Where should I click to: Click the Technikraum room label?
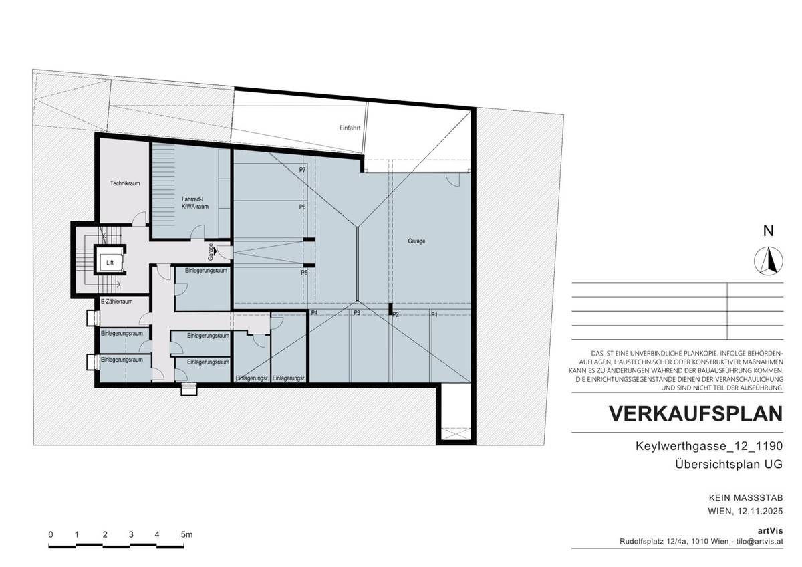tap(125, 183)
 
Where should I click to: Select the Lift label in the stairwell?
tap(110, 263)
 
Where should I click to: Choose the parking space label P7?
tap(302, 171)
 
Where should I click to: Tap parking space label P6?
tap(302, 207)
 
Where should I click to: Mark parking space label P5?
tap(303, 273)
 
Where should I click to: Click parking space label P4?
tap(313, 314)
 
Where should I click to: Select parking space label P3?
tap(357, 314)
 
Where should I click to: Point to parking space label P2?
tap(396, 314)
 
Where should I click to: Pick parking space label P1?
tap(434, 314)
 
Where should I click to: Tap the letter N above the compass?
tap(768, 231)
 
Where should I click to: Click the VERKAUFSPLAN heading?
tap(695, 414)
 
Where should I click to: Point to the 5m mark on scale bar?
tap(186, 534)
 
